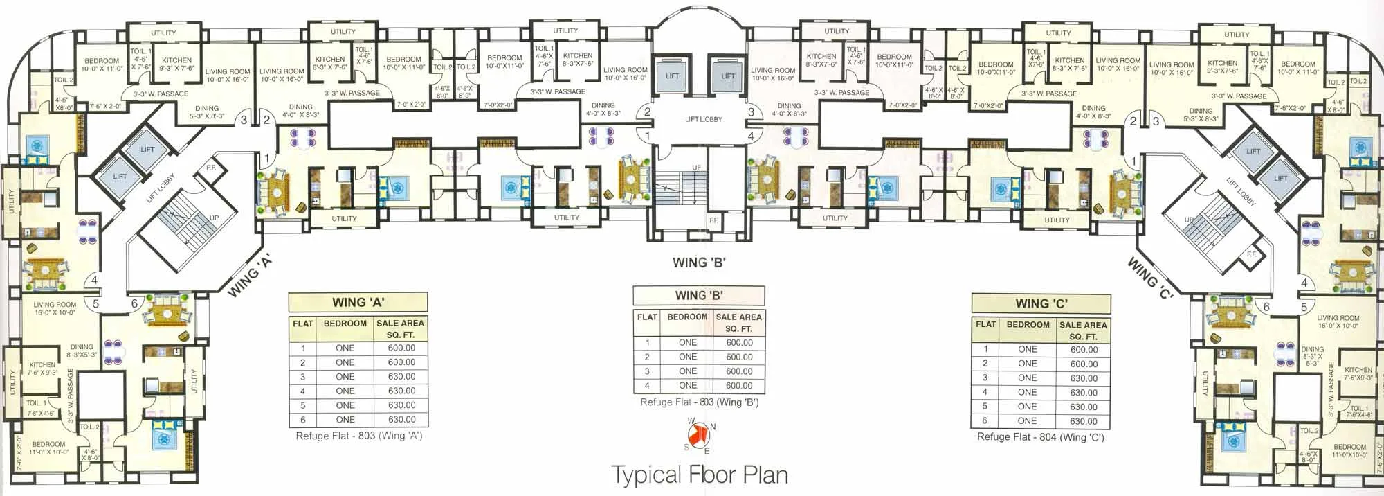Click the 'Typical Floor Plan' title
tap(699, 475)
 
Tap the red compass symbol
tap(700, 435)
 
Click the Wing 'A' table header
tap(358, 302)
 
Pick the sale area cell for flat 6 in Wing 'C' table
tap(1083, 421)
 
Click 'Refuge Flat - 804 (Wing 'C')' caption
tap(1040, 437)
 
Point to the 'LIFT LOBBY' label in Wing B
tap(703, 119)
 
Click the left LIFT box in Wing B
tap(672, 76)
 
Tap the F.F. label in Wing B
tap(713, 220)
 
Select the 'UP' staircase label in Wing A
tap(214, 218)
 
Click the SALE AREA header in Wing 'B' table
tap(738, 322)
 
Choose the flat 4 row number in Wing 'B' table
tap(647, 386)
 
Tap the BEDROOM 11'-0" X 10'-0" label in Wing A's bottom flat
tap(48, 448)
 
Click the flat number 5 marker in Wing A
tap(95, 303)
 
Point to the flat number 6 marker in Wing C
tap(1266, 307)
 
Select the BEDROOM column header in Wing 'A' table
tap(345, 324)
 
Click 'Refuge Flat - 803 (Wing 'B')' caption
tap(699, 402)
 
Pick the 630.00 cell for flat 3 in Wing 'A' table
tap(401, 377)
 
